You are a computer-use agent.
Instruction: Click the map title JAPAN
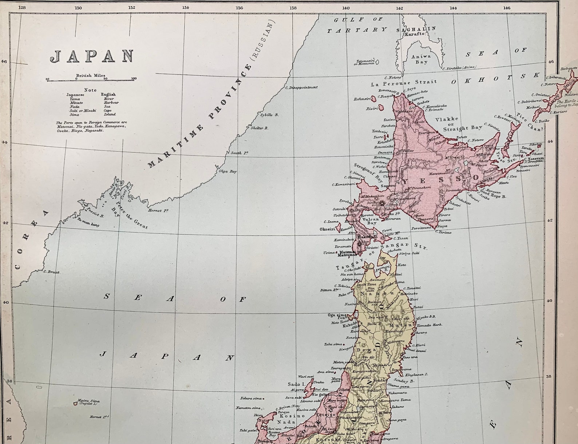(92, 56)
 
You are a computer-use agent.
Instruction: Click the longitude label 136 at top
(239, 8)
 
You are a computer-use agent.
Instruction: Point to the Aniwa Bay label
(421, 59)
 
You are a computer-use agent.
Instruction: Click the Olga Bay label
(227, 171)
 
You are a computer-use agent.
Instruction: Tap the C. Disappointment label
(302, 87)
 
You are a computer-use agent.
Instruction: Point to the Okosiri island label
(328, 230)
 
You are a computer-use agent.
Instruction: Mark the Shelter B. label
(260, 128)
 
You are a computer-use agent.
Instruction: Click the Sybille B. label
(269, 115)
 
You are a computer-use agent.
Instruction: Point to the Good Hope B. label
(493, 196)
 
